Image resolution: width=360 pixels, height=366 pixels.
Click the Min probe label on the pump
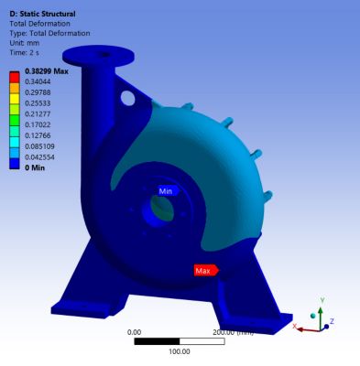coord(166,191)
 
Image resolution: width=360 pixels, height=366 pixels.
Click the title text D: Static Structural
coord(42,14)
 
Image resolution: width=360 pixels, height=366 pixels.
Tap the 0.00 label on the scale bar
coord(134,332)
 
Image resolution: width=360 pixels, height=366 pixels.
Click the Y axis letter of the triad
coord(321,298)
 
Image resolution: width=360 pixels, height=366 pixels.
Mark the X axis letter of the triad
coord(294,326)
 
